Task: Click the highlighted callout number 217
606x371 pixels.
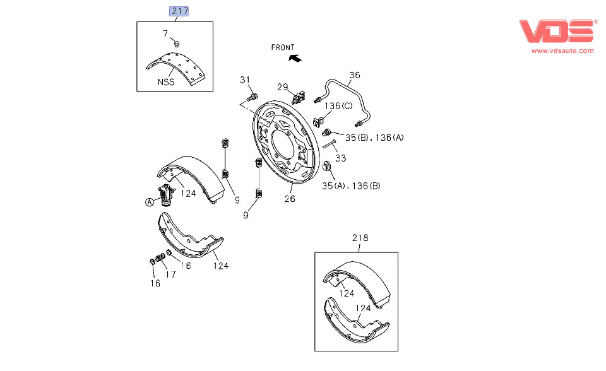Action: tap(179, 11)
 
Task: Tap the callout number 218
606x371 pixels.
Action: tap(360, 238)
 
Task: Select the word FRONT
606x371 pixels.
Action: tap(283, 47)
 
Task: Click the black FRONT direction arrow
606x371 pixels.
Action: tap(295, 58)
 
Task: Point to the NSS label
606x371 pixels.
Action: tap(166, 82)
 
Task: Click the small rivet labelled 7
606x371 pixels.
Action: tap(177, 44)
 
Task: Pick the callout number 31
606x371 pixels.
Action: tap(245, 80)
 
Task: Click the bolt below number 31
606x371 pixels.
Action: tap(252, 97)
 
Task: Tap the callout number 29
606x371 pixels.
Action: tap(283, 87)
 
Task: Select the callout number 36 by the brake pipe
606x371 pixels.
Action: tap(355, 75)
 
